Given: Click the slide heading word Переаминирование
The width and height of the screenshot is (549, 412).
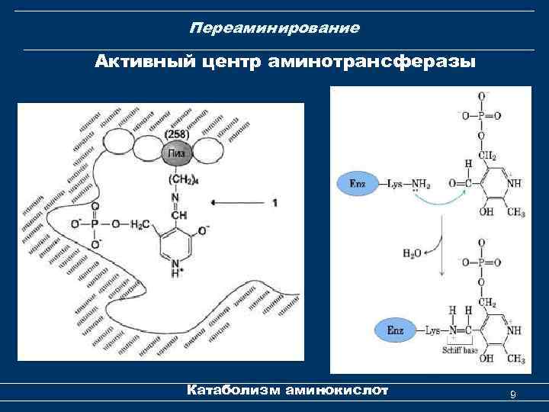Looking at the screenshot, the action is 274,29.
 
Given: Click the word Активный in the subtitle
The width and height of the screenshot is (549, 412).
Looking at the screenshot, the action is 140,60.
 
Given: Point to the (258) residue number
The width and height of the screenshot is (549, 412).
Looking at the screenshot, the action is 176,134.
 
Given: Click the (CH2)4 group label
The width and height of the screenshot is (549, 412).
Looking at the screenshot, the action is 176,179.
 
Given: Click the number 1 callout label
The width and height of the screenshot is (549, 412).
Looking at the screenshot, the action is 274,203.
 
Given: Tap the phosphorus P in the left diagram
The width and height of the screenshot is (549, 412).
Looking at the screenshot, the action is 95,224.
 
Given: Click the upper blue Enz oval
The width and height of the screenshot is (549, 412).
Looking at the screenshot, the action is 358,183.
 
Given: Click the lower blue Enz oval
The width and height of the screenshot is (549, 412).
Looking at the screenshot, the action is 395,330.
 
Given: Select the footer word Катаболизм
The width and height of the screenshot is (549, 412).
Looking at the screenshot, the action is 233,391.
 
